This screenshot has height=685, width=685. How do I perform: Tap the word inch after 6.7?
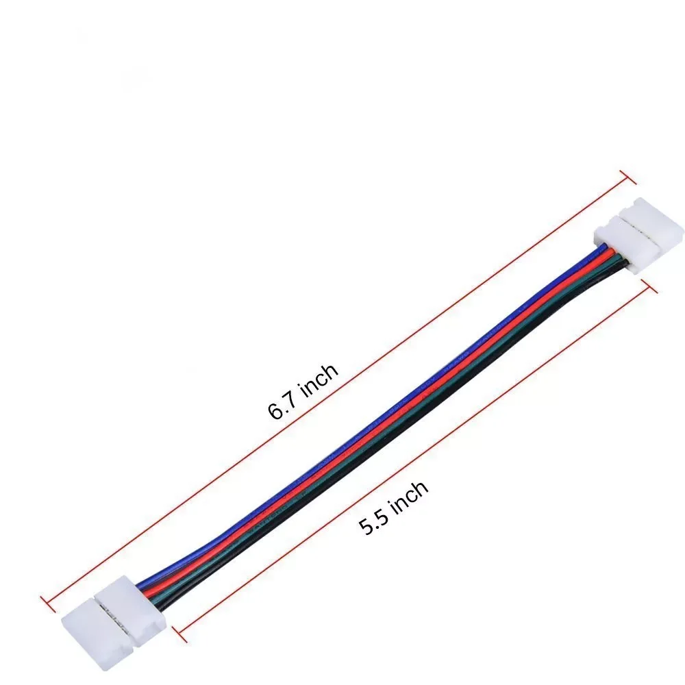320,379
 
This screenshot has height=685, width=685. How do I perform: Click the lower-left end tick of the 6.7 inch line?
47,603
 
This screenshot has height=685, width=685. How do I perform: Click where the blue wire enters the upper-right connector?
597,251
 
